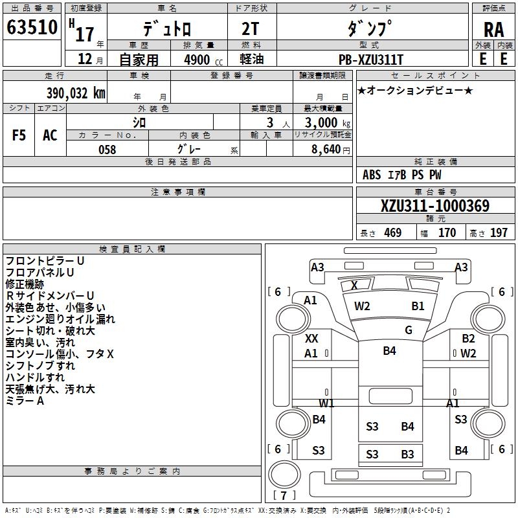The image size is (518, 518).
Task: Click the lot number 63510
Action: [x=32, y=27]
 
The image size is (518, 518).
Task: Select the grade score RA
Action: [x=493, y=30]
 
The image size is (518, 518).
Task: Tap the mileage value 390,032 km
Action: [x=76, y=93]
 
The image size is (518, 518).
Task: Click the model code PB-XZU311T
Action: [x=371, y=60]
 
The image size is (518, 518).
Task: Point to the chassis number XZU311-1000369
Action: [x=435, y=206]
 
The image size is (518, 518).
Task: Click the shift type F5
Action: [x=19, y=135]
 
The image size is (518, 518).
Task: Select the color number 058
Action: [x=107, y=150]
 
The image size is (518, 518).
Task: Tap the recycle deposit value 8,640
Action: [x=326, y=150]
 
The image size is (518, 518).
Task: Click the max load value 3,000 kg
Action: [x=328, y=122]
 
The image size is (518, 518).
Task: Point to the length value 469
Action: [x=393, y=232]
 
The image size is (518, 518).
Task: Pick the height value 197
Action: [x=499, y=232]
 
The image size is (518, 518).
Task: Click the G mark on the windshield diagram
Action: [x=409, y=330]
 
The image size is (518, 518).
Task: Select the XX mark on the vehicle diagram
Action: [x=311, y=338]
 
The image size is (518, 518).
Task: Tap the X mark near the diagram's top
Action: [x=354, y=285]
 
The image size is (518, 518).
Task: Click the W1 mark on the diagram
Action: [x=326, y=403]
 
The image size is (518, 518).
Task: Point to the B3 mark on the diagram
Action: [x=407, y=455]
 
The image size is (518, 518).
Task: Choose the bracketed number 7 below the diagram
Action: [x=284, y=495]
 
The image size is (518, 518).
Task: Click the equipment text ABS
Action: [x=372, y=175]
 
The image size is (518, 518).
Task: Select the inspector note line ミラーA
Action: [x=25, y=401]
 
